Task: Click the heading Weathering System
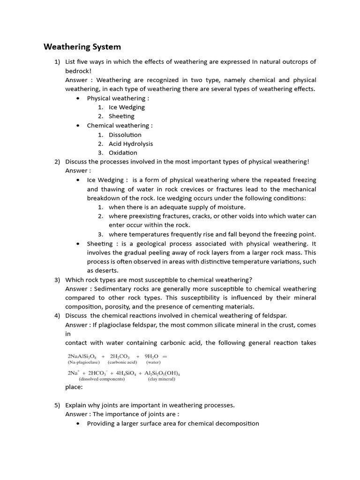[x=82, y=47]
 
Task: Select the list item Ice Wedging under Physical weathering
[x=127, y=107]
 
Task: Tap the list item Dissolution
[x=125, y=135]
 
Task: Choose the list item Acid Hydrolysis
[x=131, y=144]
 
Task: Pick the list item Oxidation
[x=123, y=153]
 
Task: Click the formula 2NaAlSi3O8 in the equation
[x=82, y=355]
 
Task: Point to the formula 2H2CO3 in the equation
[x=121, y=355]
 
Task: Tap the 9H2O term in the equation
[x=153, y=355]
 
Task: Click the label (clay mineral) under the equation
[x=161, y=379]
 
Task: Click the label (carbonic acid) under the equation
[x=122, y=362]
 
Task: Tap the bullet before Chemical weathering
[x=77, y=126]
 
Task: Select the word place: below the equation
[x=74, y=387]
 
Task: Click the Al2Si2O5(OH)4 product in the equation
[x=159, y=373]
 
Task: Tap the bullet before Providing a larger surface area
[x=77, y=424]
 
